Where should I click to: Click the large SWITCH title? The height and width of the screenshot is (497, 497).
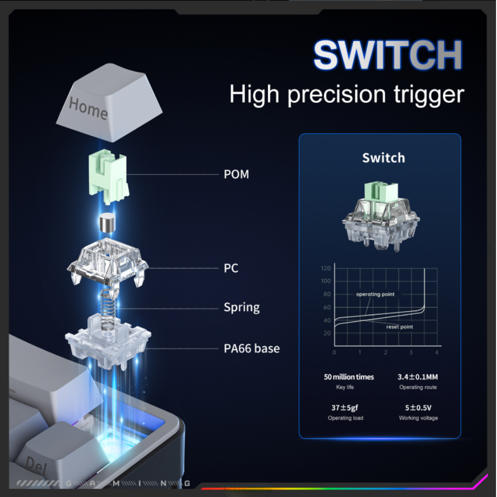coord(388,55)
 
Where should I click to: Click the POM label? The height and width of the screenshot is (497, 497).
coord(237,174)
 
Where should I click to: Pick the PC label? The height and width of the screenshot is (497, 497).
coord(231,268)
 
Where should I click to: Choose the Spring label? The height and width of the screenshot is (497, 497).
coord(242,308)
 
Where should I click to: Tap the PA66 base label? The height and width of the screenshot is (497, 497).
coord(251,349)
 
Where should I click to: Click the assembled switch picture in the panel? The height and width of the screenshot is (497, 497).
coord(381,216)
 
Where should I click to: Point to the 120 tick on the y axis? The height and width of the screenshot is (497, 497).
coord(326,268)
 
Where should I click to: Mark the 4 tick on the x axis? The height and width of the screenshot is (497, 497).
coord(436,352)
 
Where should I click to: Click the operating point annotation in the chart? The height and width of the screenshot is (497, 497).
coord(375,294)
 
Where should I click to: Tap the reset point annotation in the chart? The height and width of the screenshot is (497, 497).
coord(400,327)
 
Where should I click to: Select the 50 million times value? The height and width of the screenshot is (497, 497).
coord(349,377)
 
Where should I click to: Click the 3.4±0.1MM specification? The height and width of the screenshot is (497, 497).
coord(418,377)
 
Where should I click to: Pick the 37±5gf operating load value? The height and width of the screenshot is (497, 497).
coord(345,408)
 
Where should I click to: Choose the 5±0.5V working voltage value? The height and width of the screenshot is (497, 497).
coord(418,408)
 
